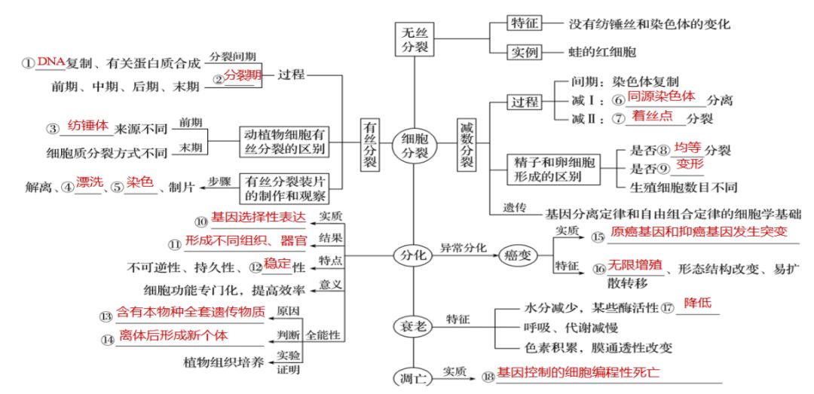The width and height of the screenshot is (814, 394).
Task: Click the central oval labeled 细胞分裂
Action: (x=413, y=144)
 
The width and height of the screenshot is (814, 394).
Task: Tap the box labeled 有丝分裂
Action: (x=370, y=144)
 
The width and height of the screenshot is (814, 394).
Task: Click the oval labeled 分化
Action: (x=413, y=255)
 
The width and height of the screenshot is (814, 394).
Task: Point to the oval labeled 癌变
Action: (x=518, y=255)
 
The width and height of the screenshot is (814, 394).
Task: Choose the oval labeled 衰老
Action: (x=413, y=325)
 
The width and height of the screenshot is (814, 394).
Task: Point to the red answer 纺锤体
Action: (x=88, y=125)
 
